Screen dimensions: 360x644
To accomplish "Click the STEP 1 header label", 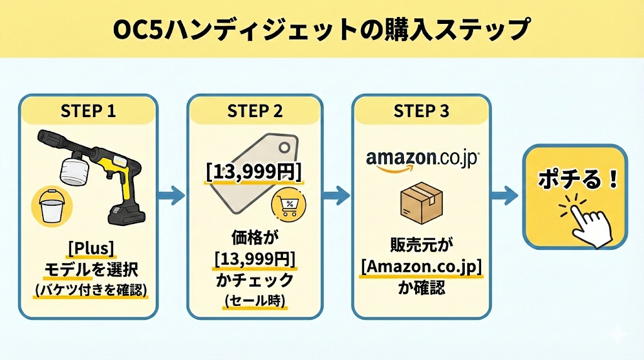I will click(x=88, y=111).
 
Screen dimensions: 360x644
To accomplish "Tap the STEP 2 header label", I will click(x=255, y=111).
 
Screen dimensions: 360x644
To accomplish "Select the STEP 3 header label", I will click(x=421, y=111).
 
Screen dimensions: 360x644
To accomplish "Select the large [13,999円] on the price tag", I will click(x=254, y=172).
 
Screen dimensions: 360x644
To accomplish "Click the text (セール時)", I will click(x=255, y=301).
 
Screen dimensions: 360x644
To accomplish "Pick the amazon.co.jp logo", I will click(x=421, y=158).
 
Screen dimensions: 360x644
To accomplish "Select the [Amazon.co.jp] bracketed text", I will click(x=421, y=267).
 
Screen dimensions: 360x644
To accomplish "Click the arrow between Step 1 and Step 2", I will click(x=169, y=196).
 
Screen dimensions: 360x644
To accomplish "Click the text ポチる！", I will click(x=575, y=181).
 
